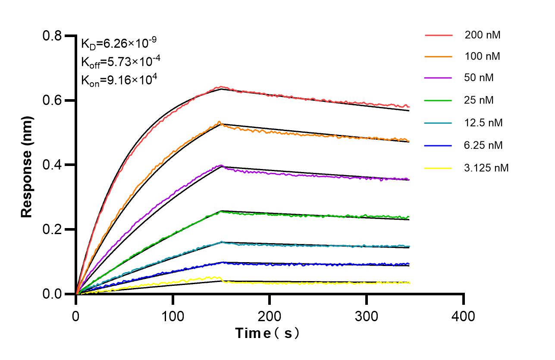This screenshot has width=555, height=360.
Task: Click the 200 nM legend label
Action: tap(482, 35)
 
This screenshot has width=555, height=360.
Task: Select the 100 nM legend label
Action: tap(482, 56)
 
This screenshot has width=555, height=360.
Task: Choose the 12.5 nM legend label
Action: tap(483, 123)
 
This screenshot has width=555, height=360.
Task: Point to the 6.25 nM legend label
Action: tap(483, 145)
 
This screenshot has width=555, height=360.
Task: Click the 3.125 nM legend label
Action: tap(486, 168)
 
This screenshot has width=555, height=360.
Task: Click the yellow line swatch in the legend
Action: tap(438, 168)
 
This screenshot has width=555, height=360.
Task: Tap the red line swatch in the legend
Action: tap(438, 35)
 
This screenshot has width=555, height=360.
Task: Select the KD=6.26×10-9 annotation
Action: tap(119, 43)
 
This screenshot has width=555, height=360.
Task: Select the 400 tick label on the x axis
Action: tap(464, 316)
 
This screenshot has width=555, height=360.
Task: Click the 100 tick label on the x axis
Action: tap(172, 316)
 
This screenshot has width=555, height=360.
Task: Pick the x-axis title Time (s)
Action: tap(267, 333)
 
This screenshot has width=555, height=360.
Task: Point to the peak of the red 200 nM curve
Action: tap(220, 87)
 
